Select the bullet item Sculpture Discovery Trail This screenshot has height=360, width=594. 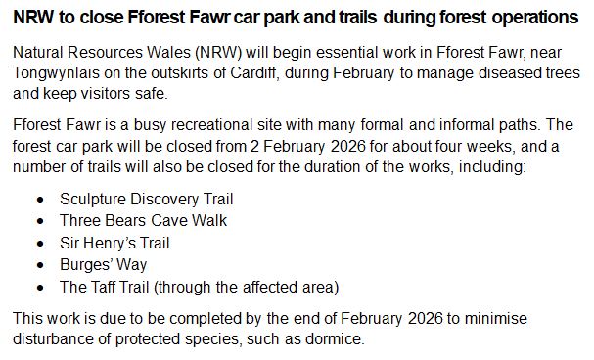[147, 199]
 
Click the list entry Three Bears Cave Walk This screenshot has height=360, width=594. [143, 220]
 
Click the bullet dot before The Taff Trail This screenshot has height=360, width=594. [39, 287]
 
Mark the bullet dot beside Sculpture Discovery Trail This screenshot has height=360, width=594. [39, 199]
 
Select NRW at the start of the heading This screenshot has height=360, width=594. [31, 17]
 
